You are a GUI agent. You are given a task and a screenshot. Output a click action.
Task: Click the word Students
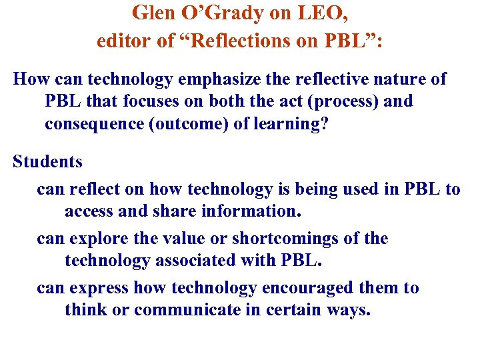pos(47,161)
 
